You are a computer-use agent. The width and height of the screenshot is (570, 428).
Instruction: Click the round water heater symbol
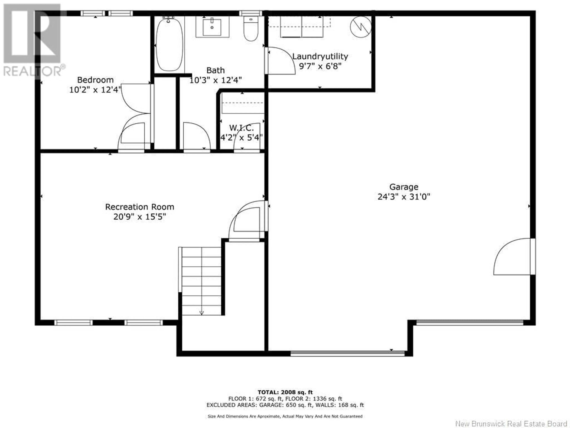coord(361,27)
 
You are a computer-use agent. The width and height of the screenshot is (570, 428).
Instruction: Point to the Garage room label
coord(404,187)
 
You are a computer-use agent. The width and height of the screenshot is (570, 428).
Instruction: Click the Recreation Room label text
coord(140,207)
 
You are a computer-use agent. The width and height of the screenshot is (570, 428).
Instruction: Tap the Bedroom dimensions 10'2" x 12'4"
coord(95,90)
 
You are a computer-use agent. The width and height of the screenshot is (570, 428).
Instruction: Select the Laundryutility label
coord(320,56)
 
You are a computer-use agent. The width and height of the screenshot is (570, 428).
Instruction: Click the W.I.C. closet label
coord(242,128)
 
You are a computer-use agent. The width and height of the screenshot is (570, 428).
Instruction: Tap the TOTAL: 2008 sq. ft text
coord(285,392)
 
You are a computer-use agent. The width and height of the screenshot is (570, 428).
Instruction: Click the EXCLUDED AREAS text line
coord(285,405)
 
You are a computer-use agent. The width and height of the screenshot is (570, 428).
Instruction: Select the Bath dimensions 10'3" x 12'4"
coord(215,80)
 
